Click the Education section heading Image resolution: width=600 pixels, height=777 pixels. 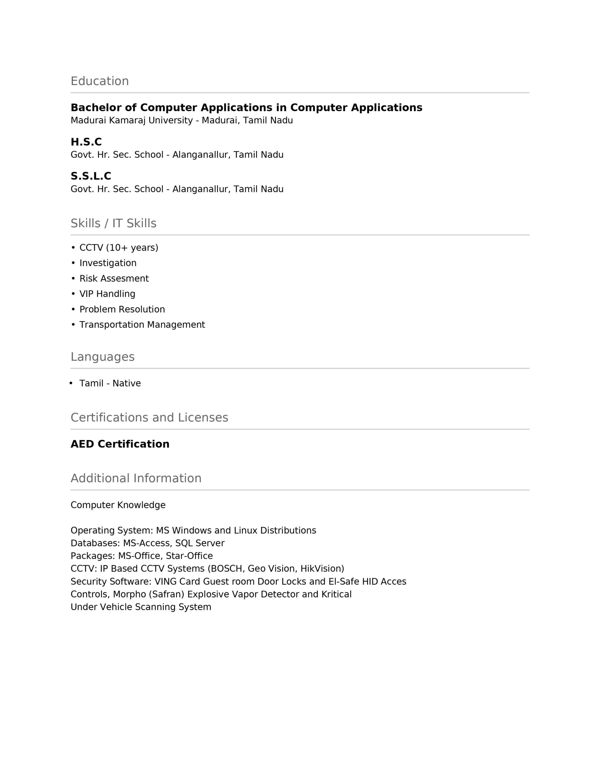[99, 81]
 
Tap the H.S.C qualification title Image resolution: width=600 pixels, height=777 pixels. [86, 142]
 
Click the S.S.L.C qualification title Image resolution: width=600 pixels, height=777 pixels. [91, 176]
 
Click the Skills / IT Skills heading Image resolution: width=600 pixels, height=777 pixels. [113, 223]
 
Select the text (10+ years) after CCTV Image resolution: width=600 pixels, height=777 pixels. [132, 248]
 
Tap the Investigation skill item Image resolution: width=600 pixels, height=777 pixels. [108, 263]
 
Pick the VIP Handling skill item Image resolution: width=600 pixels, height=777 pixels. [107, 294]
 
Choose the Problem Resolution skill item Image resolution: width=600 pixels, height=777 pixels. [122, 309]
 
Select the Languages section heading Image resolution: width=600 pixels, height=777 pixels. [103, 357]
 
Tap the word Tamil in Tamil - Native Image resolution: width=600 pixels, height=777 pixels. [91, 384]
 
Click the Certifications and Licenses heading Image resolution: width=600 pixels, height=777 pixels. [149, 418]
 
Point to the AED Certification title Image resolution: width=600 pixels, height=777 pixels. [120, 444]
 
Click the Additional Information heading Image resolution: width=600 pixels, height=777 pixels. [136, 479]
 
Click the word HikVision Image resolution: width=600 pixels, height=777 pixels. [321, 568]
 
